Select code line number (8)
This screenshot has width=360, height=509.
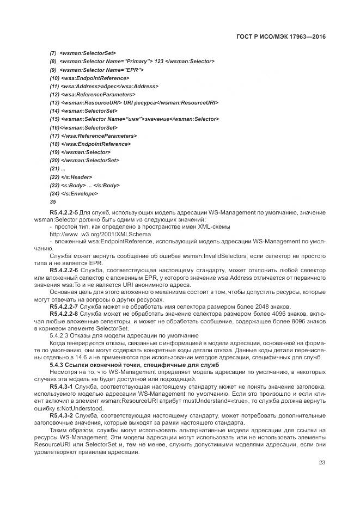tap(53, 62)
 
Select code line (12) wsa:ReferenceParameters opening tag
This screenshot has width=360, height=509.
tap(92, 94)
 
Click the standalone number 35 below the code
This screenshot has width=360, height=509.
tap(52, 201)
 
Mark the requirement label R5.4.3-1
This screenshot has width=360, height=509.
tap(60, 384)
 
